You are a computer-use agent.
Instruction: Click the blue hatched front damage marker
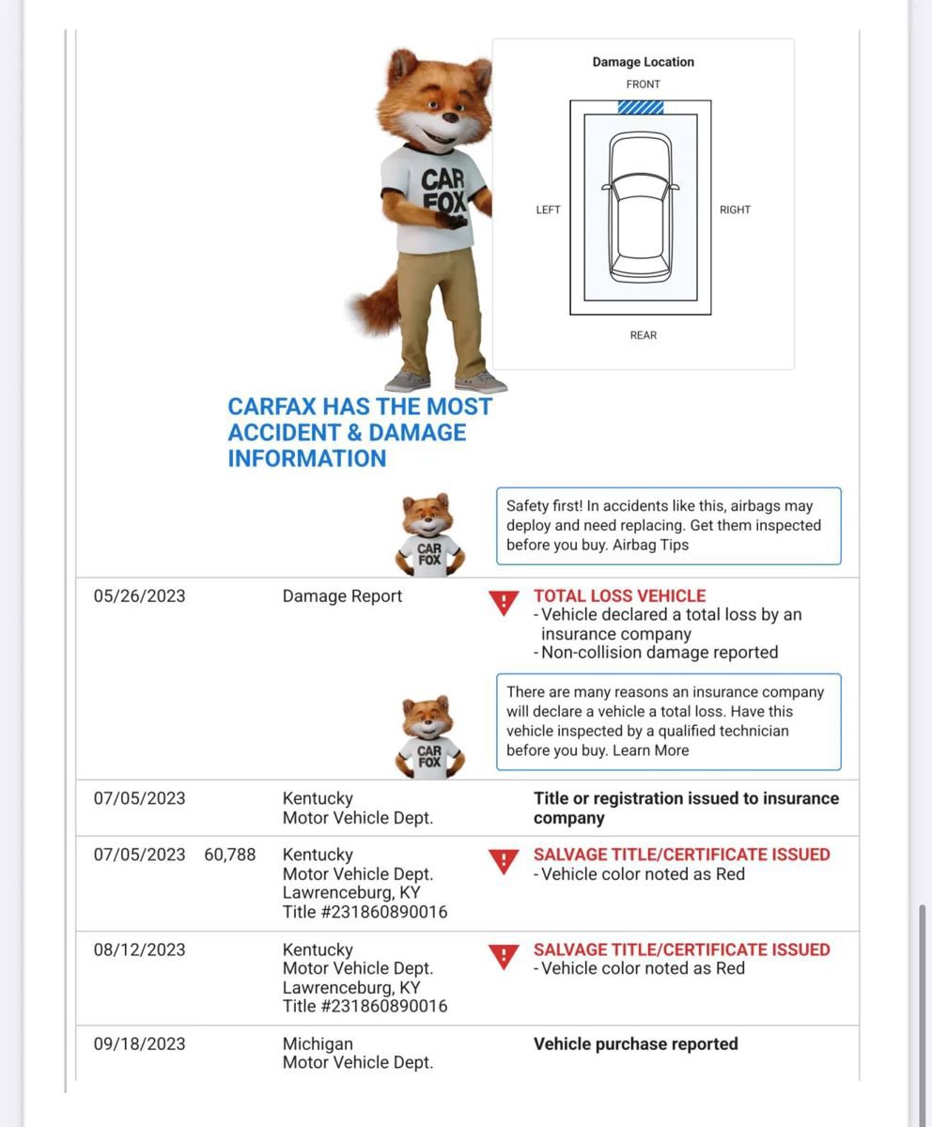[x=641, y=107]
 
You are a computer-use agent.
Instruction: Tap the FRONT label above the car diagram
[x=644, y=85]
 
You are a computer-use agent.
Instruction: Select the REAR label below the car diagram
[x=644, y=335]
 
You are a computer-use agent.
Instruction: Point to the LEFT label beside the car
[x=548, y=209]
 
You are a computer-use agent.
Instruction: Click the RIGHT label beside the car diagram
[x=735, y=209]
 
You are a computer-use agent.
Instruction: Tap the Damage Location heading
[x=643, y=62]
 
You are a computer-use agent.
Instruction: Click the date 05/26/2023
[x=139, y=596]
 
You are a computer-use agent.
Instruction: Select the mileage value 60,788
[x=229, y=855]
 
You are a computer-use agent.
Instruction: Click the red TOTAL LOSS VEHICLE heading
[x=619, y=596]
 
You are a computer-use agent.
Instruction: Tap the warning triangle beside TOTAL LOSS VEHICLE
[x=505, y=602]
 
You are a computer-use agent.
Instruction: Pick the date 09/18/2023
[x=139, y=1044]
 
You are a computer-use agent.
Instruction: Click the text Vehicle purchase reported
[x=635, y=1044]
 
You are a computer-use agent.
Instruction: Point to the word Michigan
[x=318, y=1044]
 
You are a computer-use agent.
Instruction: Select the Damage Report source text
[x=342, y=596]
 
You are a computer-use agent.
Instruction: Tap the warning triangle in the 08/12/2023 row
[x=505, y=956]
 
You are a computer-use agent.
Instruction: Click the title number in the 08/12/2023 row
[x=365, y=1007]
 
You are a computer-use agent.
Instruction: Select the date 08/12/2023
[x=139, y=949]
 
